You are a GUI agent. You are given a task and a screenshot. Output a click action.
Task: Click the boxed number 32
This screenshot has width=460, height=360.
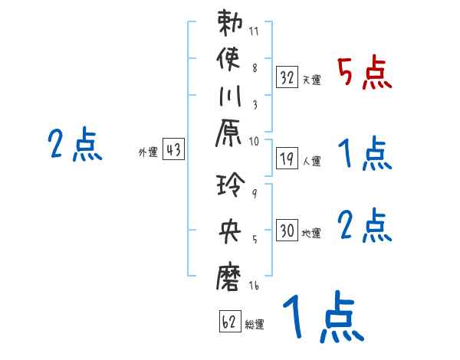(287, 77)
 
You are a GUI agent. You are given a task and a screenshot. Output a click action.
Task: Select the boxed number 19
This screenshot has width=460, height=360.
(287, 159)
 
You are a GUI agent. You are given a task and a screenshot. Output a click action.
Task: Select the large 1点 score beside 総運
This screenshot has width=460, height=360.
(321, 319)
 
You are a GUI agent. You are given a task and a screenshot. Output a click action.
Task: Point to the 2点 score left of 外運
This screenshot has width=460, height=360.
(74, 145)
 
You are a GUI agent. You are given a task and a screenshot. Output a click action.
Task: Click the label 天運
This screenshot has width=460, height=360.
(312, 80)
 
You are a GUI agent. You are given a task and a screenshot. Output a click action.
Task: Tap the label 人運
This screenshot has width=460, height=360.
(312, 162)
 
